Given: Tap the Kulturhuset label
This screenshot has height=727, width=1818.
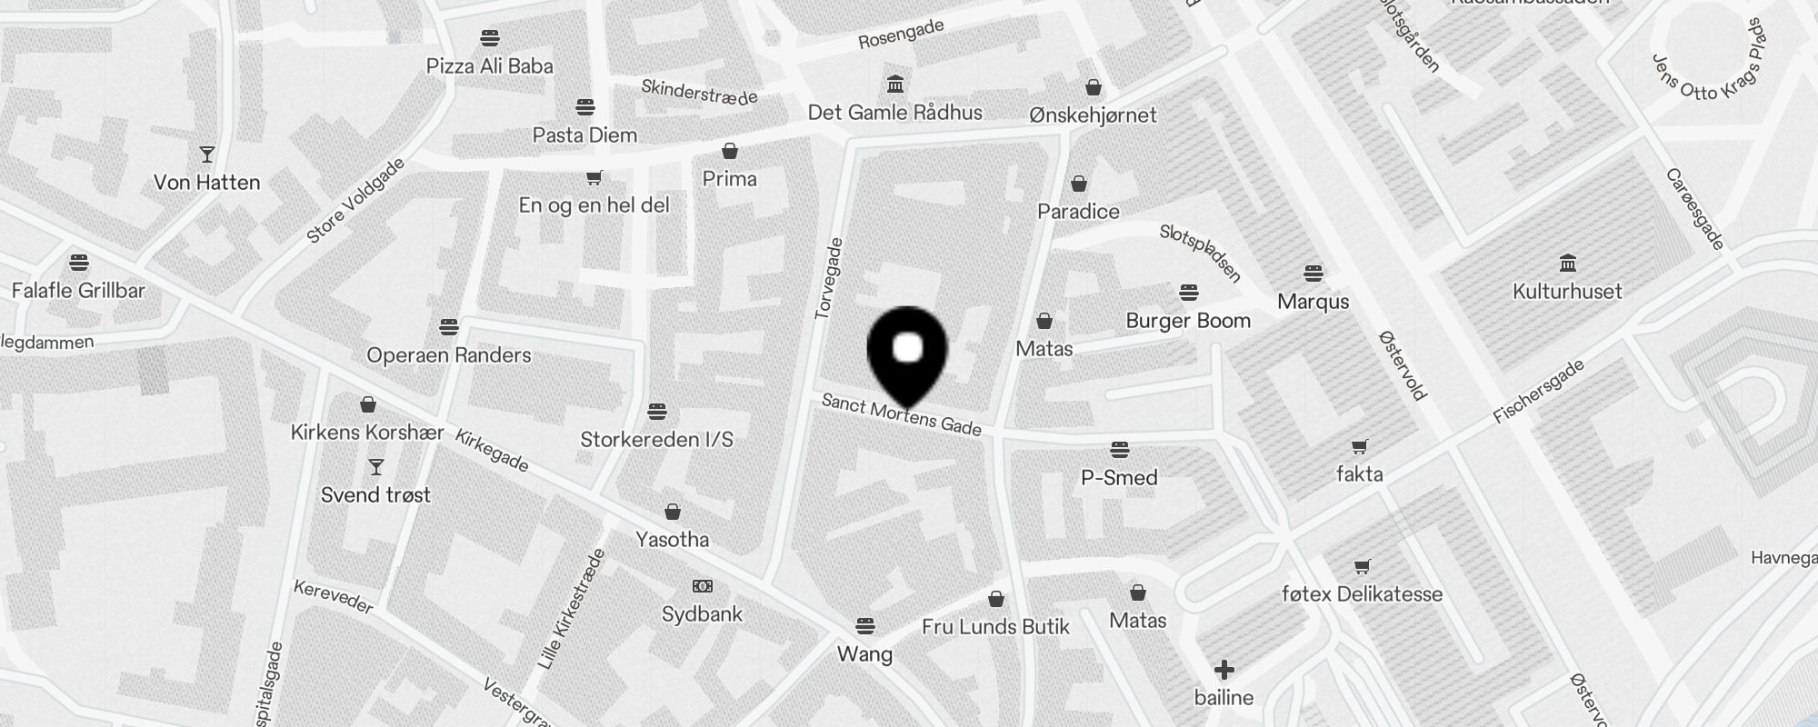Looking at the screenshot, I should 1567,292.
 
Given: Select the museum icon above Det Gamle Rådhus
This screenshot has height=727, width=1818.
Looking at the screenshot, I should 895,85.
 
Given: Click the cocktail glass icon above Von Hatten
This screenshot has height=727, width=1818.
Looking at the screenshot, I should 207,154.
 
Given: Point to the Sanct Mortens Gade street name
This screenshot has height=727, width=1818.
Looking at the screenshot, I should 901,414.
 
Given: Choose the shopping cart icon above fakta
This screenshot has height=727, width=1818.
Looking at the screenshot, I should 1360,446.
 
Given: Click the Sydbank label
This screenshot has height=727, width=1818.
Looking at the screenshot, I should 702,614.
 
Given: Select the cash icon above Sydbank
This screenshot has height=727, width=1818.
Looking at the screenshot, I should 703,586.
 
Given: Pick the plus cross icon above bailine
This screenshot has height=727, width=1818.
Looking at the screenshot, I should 1224,670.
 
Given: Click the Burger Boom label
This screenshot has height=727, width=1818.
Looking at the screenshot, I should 1188,321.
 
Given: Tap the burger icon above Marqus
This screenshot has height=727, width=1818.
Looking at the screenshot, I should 1313,273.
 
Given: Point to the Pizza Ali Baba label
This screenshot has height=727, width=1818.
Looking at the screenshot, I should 490,66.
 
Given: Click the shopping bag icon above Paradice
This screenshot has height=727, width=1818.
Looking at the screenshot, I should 1079,184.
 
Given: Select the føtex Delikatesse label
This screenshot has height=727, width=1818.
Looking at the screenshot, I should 1362,594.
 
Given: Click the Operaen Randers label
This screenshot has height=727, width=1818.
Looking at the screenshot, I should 449,355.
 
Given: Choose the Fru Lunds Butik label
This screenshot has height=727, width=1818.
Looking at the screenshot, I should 995,627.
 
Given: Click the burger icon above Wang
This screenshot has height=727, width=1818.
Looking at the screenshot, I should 865,625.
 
